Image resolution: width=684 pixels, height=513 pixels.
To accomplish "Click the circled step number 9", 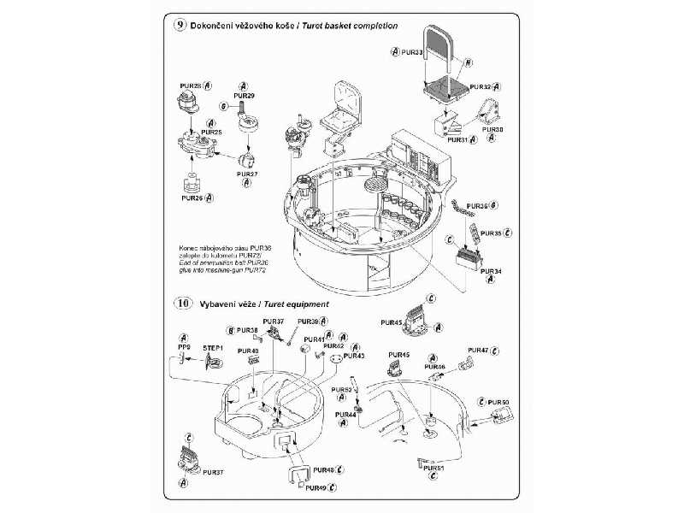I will [180, 26].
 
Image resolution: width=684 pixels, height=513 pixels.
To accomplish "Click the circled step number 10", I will [181, 304].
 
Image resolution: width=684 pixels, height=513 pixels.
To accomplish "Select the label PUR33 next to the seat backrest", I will [412, 53].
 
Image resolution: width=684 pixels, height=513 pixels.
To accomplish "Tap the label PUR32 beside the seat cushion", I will [481, 86].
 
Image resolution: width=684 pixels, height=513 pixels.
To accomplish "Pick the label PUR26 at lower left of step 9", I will [192, 197].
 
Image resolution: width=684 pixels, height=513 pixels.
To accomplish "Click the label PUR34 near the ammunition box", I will [491, 271].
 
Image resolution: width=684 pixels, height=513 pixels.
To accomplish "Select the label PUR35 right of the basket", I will [491, 233].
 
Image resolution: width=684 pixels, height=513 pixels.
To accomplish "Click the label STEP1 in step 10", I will [213, 349].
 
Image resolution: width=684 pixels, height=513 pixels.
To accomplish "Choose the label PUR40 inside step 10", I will [248, 351].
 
